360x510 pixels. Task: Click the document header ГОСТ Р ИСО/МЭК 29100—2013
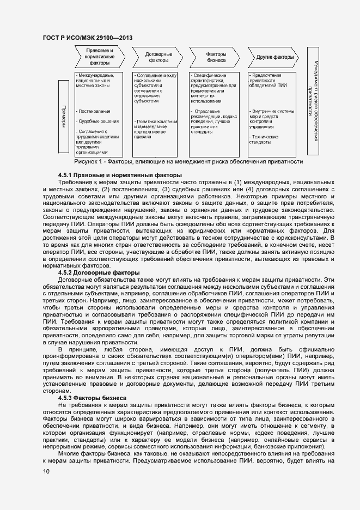87,38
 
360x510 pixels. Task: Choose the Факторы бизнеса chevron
216,57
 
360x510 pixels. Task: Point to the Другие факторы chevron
274,57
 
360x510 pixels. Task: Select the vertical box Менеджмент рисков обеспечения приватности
313,101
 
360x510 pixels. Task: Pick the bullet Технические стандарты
264,139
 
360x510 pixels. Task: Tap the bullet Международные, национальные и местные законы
95,80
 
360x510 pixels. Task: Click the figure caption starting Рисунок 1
188,161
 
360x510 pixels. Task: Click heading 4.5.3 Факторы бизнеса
92,398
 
